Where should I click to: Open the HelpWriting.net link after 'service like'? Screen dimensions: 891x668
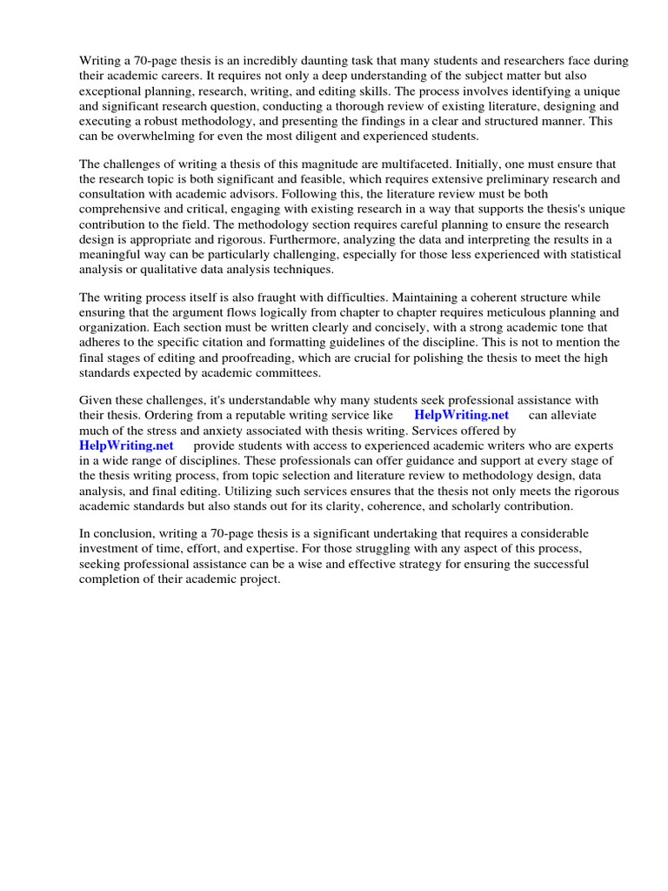coord(461,415)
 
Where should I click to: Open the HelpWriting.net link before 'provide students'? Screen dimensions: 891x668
coord(126,445)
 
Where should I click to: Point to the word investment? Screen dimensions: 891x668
coord(110,548)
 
